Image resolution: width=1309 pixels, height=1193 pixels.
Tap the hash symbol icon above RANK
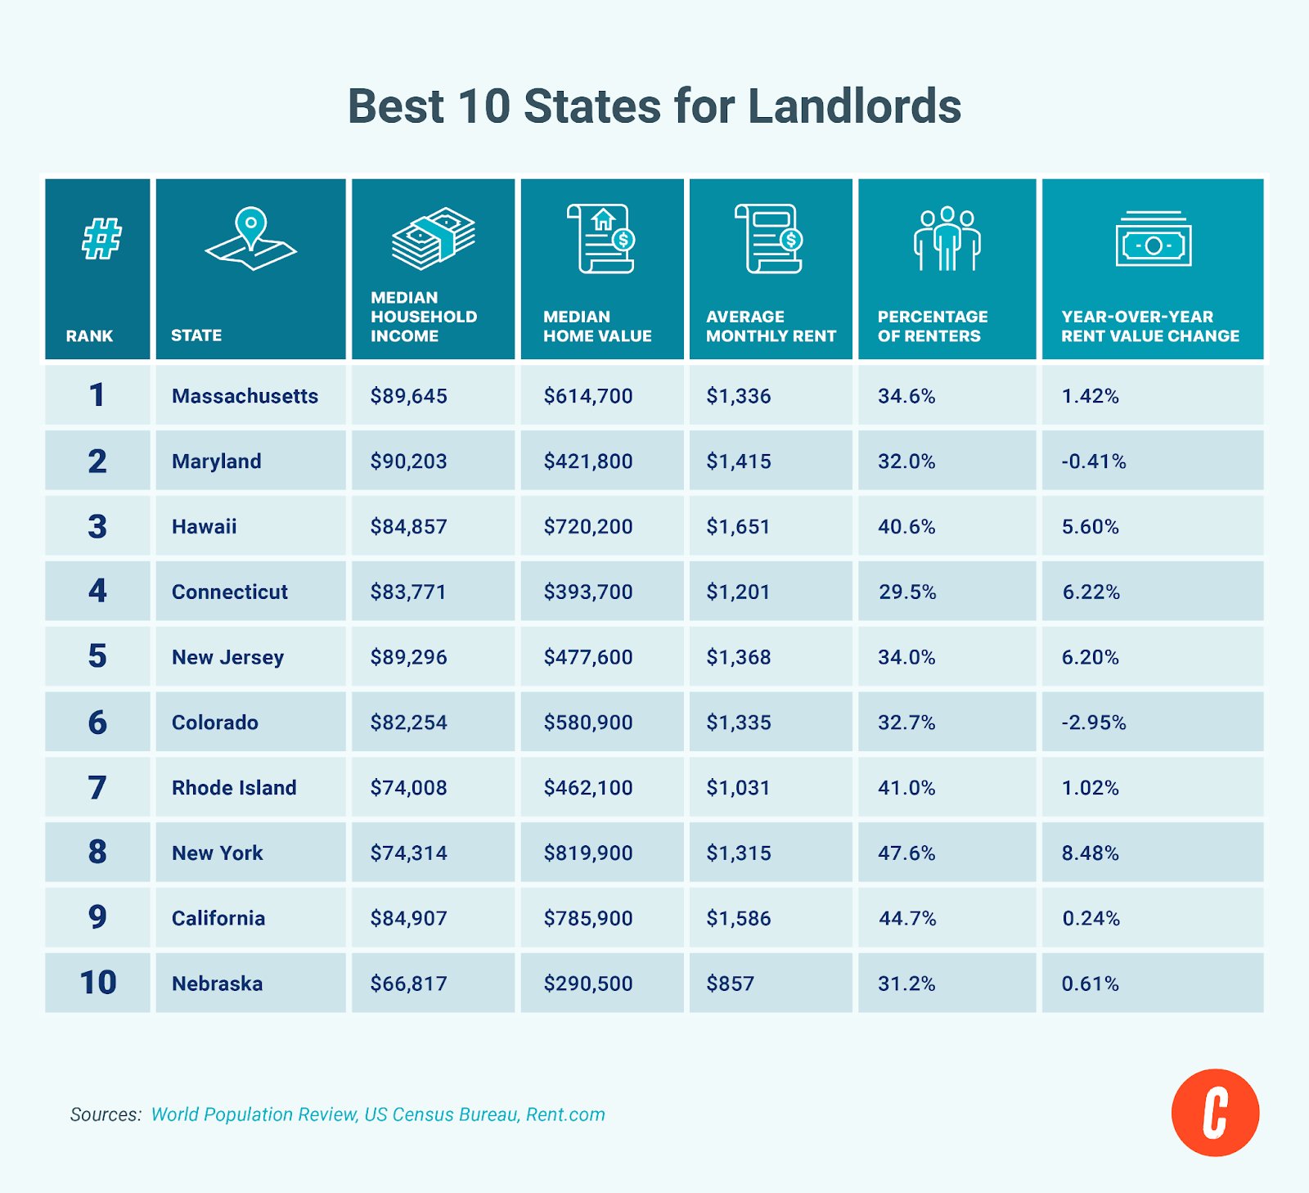tap(101, 238)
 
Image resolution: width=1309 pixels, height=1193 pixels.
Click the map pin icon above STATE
tap(250, 237)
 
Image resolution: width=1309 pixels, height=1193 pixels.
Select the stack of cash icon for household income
tap(433, 238)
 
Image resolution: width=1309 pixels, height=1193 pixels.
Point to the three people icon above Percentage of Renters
tap(947, 238)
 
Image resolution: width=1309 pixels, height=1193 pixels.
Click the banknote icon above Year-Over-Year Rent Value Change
tap(1153, 240)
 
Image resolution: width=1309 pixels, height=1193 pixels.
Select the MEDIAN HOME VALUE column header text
tap(597, 326)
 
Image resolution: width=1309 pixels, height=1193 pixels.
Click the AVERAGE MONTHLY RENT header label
tap(771, 326)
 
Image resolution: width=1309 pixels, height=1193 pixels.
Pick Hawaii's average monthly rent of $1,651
tap(738, 526)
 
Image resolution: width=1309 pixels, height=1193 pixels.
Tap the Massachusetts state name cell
tap(245, 396)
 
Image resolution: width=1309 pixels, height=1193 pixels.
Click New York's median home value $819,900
tap(588, 853)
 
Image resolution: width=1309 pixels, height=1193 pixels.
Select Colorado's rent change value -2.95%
tap(1094, 723)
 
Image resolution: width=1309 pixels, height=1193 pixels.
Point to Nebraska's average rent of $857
tap(730, 984)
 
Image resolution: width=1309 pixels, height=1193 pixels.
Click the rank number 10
tap(98, 983)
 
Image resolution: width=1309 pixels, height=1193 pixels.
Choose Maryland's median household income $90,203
tap(408, 461)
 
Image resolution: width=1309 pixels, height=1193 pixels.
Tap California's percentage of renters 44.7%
tap(907, 918)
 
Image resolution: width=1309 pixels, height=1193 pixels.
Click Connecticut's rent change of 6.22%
tap(1091, 592)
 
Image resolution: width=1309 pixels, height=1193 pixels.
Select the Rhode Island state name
tap(234, 788)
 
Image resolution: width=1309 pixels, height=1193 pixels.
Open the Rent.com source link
tap(565, 1114)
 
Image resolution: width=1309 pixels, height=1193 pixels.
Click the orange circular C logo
tap(1215, 1113)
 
